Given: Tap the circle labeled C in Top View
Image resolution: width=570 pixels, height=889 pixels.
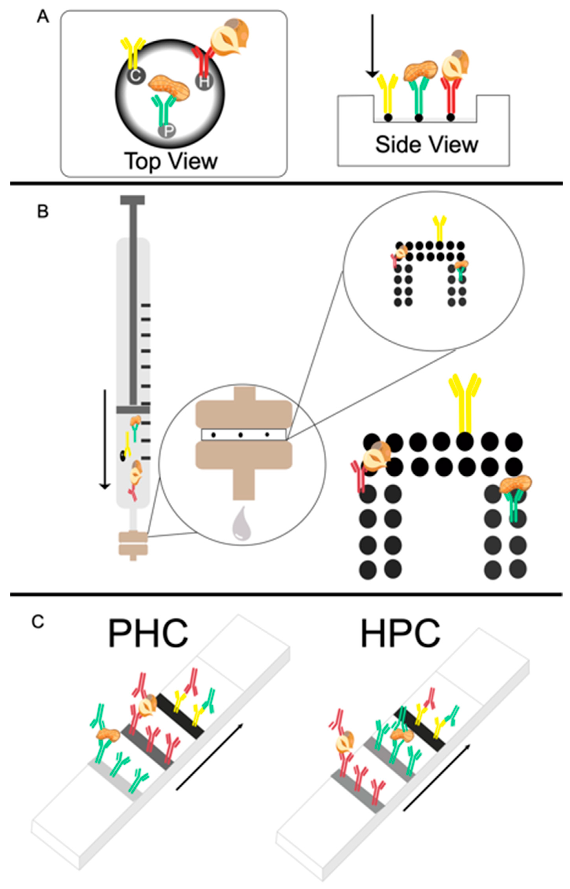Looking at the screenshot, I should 135,76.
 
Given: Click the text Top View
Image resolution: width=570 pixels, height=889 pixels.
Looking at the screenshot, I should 171,161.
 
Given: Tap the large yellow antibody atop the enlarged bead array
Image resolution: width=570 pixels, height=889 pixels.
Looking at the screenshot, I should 464,403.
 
